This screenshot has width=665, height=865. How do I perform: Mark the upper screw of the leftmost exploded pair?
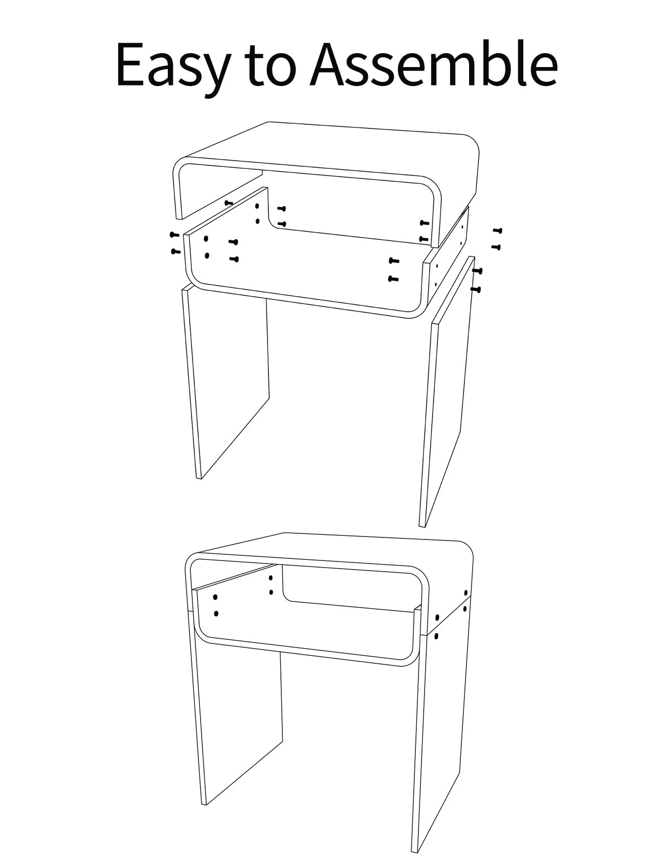click(x=174, y=235)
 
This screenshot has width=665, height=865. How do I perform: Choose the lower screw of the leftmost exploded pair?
click(x=175, y=251)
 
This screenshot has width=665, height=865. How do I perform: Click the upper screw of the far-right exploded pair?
click(x=497, y=231)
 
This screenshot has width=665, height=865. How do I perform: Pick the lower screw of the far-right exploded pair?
click(x=496, y=247)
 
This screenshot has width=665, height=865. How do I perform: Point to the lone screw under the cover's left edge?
click(x=229, y=203)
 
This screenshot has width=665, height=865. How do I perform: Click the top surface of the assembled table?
click(x=332, y=550)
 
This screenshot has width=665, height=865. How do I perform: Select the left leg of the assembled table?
click(x=238, y=727)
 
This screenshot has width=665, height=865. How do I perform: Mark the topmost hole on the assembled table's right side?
click(x=465, y=593)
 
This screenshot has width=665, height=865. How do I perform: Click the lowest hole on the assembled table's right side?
click(x=436, y=636)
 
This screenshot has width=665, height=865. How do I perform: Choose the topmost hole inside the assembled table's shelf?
click(x=271, y=578)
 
